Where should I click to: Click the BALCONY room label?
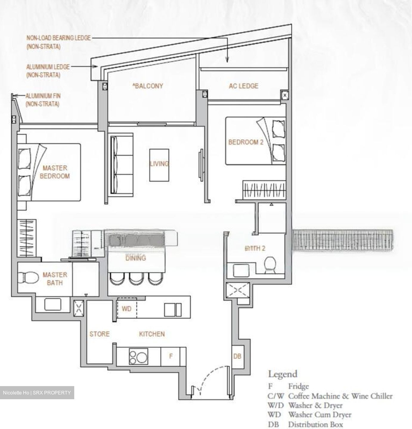tap(148, 86)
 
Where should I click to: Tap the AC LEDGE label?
tap(244, 86)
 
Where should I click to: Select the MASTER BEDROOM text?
tap(55, 172)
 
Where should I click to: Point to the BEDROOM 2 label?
tap(246, 142)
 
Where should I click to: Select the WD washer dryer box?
tap(127, 309)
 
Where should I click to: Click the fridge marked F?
tap(171, 356)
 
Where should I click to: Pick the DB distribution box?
tap(237, 356)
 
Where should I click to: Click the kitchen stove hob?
tap(138, 356)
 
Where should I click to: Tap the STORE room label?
tap(100, 334)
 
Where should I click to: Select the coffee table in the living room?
tap(159, 165)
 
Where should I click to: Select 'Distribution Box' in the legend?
tap(315, 424)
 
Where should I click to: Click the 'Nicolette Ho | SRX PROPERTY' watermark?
tap(37, 393)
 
